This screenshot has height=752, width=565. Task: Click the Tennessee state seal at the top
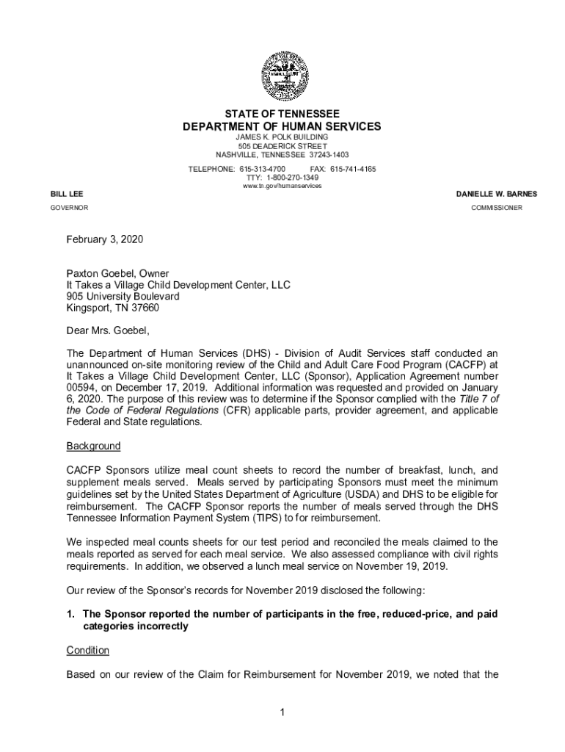(282, 77)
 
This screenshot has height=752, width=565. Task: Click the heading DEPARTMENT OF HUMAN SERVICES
(282, 126)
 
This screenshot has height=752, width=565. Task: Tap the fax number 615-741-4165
(354, 169)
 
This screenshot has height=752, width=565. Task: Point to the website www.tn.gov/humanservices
(282, 186)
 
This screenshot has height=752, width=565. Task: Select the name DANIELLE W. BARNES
(496, 194)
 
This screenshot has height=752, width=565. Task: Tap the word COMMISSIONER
(497, 208)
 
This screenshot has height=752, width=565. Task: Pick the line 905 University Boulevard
(123, 296)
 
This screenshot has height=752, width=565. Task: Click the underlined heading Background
(93, 446)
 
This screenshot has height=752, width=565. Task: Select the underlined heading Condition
(87, 650)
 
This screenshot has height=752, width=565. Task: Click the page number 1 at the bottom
(282, 712)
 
